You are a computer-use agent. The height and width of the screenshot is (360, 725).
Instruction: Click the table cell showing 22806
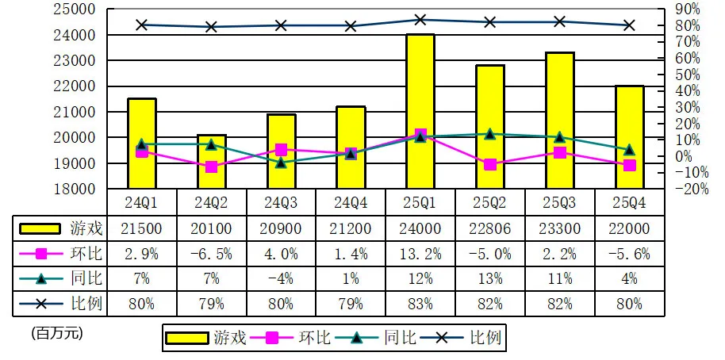pos(489,228)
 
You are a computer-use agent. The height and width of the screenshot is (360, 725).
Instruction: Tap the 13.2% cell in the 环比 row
pos(420,254)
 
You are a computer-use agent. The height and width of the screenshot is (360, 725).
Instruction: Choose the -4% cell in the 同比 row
pos(281,278)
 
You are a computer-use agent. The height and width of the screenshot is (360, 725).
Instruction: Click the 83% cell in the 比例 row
pos(420,303)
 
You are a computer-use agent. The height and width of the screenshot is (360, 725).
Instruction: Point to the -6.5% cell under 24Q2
pos(211,254)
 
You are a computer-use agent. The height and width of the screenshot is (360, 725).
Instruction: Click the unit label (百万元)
pos(56,334)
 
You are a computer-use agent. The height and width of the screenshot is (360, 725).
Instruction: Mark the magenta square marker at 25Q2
pos(489,164)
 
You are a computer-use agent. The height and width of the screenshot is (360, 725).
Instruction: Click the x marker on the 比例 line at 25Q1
pos(420,20)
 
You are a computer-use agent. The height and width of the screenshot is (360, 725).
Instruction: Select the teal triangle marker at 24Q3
pos(281,163)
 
